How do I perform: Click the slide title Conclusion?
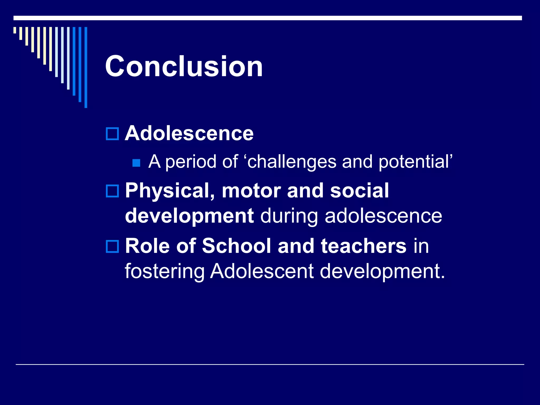click(184, 66)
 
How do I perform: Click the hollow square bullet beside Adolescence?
click(112, 134)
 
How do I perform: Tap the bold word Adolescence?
click(189, 133)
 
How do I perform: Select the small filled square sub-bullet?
click(136, 163)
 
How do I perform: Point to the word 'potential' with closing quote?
click(416, 162)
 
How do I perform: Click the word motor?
click(251, 191)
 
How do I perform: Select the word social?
click(359, 191)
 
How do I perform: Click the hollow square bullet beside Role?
click(112, 246)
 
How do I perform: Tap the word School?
click(237, 246)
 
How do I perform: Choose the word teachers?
click(363, 246)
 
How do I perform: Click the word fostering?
click(165, 272)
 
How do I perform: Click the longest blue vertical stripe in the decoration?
click(86, 67)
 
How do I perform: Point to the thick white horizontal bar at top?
click(268, 18)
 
